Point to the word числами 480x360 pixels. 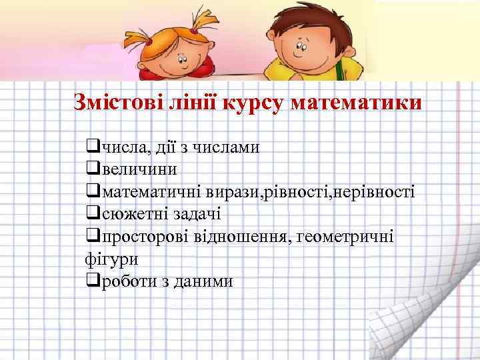[227, 147]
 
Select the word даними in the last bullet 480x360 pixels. [203, 281]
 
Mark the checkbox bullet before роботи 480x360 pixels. [93, 280]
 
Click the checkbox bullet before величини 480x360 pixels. [93, 169]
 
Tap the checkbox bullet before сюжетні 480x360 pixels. [93, 213]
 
